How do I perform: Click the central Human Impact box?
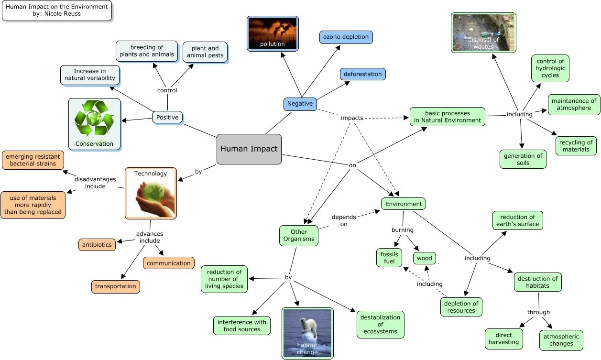tap(249, 149)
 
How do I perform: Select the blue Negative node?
tap(300, 104)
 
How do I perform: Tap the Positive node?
tap(167, 117)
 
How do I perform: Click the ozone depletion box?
tap(346, 37)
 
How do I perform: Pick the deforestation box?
tap(362, 74)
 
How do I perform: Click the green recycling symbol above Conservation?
tap(94, 119)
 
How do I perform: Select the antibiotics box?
tap(97, 245)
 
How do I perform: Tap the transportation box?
tap(116, 286)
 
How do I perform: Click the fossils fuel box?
tap(389, 258)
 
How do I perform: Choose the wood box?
tap(424, 258)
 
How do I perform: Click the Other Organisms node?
tap(299, 235)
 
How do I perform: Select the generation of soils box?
tap(523, 159)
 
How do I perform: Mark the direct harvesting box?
tap(503, 338)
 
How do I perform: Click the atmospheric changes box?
tap(561, 340)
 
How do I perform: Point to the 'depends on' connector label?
tap(344, 220)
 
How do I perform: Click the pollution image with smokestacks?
tap(273, 33)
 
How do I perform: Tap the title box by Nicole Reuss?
tap(57, 11)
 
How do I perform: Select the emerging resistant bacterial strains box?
tap(33, 160)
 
